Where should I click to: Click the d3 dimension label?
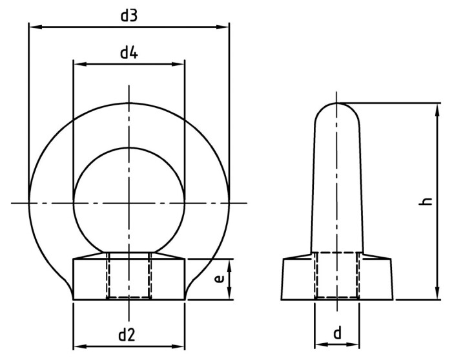click(129, 16)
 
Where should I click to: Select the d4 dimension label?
click(129, 53)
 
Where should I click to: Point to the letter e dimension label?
click(219, 279)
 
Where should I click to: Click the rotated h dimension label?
click(426, 202)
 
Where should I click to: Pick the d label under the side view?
click(337, 333)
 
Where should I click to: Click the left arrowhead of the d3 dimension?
click(33, 27)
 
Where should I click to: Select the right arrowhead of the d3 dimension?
click(225, 27)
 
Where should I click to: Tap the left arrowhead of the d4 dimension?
click(77, 64)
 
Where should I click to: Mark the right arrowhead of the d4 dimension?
click(180, 64)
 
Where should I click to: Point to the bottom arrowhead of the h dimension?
click(438, 295)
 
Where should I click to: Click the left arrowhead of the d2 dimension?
click(78, 346)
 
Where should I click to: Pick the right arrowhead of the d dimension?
click(354, 344)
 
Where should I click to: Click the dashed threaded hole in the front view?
click(129, 276)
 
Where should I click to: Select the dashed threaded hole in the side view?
click(336, 276)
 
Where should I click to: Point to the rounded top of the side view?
click(337, 108)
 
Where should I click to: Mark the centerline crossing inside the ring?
click(129, 203)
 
